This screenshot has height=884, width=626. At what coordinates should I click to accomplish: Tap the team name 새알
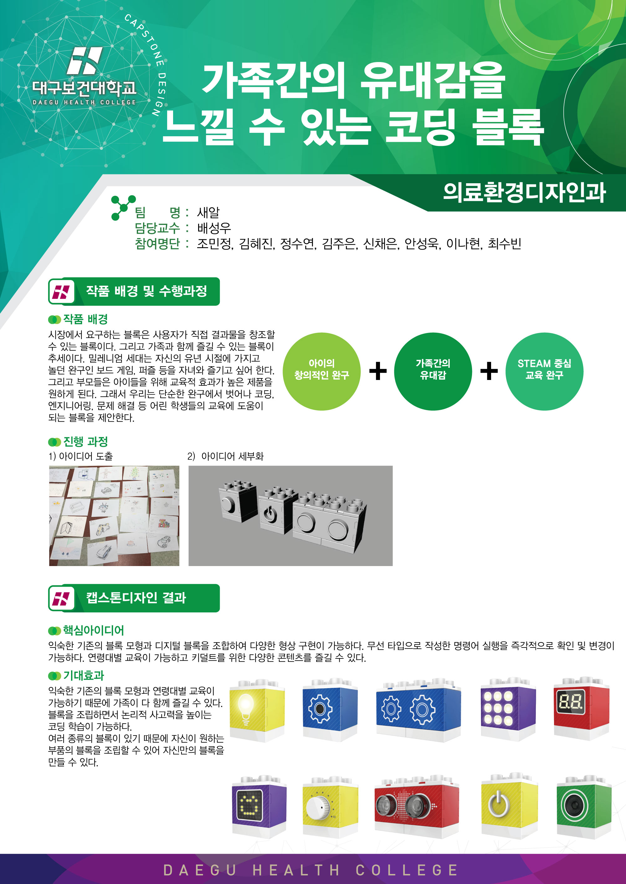pyautogui.click(x=208, y=212)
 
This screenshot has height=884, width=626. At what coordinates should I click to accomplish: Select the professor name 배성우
pyautogui.click(x=214, y=228)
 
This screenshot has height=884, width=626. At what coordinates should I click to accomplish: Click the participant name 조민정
pyautogui.click(x=214, y=244)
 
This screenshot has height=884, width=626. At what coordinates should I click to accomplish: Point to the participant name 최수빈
pyautogui.click(x=504, y=244)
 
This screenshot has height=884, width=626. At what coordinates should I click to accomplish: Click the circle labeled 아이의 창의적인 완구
pyautogui.click(x=321, y=372)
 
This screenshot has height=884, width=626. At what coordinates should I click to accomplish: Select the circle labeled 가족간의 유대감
pyautogui.click(x=433, y=372)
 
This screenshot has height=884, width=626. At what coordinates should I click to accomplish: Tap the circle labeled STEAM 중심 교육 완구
pyautogui.click(x=544, y=372)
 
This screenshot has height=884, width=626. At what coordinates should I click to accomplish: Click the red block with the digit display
pyautogui.click(x=581, y=708)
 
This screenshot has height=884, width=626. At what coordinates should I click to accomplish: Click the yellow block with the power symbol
pyautogui.click(x=509, y=806)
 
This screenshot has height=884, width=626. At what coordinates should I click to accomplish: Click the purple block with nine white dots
pyautogui.click(x=508, y=709)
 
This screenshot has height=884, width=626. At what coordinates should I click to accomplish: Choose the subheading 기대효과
pyautogui.click(x=84, y=676)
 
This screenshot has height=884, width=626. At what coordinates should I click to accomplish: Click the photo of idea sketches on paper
pyautogui.click(x=114, y=516)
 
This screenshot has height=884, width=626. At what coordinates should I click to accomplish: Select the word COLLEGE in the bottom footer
pyautogui.click(x=407, y=870)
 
